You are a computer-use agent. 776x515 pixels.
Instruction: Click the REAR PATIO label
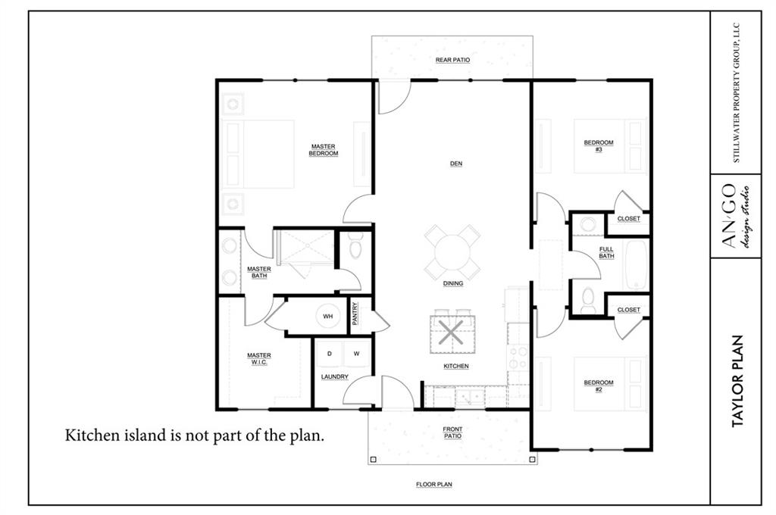[x=452, y=60]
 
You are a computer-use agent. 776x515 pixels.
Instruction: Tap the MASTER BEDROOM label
[x=323, y=150]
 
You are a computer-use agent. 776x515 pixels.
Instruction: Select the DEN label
[x=455, y=164]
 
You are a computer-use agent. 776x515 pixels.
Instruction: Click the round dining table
[x=452, y=252]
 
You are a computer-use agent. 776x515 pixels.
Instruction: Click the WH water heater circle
[x=328, y=316]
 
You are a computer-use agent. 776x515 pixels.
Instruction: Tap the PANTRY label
[x=355, y=314]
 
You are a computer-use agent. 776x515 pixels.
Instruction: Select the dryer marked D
[x=330, y=354]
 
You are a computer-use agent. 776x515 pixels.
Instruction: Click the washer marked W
[x=356, y=354]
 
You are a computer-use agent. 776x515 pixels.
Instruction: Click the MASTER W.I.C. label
[x=259, y=359]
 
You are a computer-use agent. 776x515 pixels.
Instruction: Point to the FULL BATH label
[x=606, y=252]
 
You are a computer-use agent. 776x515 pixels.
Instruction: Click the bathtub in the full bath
[x=636, y=264]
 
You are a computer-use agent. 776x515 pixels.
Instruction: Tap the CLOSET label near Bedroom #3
[x=628, y=218]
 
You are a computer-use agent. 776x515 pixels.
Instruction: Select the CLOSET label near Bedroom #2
[x=628, y=310]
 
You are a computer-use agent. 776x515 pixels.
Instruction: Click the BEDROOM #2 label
[x=599, y=386]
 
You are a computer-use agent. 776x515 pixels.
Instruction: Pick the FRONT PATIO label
[x=452, y=432]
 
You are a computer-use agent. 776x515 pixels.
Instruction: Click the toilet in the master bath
[x=355, y=246]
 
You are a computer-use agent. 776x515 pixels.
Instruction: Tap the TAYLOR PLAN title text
[x=737, y=381]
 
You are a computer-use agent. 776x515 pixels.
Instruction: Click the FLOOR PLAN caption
[x=434, y=485]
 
